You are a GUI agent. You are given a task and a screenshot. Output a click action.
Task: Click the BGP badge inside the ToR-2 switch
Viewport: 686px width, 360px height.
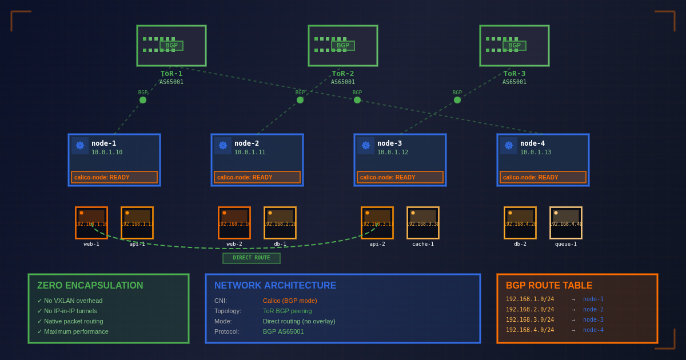[x=343, y=46]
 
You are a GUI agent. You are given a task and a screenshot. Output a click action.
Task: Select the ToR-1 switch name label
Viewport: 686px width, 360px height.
[x=171, y=74]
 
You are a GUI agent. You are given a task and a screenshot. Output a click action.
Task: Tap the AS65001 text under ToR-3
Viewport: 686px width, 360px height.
[x=514, y=82]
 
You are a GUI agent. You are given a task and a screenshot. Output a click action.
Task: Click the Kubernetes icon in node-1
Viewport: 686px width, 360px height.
[x=80, y=146]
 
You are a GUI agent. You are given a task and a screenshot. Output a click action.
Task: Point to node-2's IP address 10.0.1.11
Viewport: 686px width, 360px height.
[x=250, y=153]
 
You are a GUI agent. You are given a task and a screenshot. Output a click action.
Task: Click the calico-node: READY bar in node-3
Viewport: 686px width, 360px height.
[x=400, y=177]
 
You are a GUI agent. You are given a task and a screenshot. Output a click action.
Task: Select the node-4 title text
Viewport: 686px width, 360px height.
[x=532, y=143]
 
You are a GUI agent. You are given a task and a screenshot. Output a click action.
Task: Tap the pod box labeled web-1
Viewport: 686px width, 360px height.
[x=91, y=223]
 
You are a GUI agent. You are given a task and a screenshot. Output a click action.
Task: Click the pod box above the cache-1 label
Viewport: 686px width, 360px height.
[x=423, y=223]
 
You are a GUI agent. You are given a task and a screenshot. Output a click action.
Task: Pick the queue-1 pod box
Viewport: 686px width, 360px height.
[x=566, y=223]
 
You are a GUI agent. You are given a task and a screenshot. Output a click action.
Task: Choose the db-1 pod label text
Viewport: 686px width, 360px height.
[x=280, y=244]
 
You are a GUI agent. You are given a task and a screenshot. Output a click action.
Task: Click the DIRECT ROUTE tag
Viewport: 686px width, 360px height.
[x=252, y=258]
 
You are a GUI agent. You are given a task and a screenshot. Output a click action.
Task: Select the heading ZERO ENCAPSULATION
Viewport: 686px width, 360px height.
[x=90, y=286]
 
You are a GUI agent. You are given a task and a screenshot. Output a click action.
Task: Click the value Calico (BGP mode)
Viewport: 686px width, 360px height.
[x=290, y=301]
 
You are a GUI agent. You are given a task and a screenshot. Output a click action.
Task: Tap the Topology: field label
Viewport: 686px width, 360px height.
[x=228, y=311]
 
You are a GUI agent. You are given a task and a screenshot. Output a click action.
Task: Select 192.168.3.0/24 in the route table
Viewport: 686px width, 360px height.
[x=530, y=320]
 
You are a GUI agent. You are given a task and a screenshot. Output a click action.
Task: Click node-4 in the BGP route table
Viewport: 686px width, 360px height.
[x=593, y=330]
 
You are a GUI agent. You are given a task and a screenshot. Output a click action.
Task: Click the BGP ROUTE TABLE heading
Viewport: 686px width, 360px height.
[x=549, y=286]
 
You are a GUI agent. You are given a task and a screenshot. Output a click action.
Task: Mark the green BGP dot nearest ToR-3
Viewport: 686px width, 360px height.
[x=457, y=100]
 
